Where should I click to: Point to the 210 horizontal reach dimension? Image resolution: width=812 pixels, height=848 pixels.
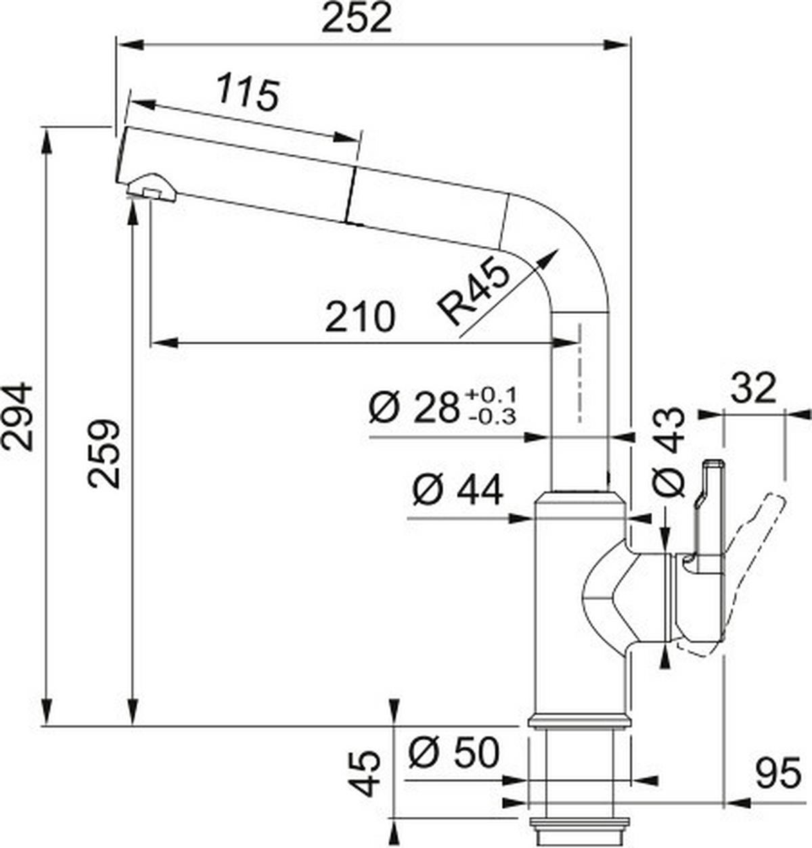[359, 316]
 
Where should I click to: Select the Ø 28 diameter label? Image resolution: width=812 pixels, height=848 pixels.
[413, 408]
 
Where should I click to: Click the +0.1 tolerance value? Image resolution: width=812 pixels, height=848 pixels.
[491, 394]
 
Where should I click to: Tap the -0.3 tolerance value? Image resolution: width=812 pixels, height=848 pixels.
[491, 417]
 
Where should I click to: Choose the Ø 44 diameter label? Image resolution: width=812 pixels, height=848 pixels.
[457, 490]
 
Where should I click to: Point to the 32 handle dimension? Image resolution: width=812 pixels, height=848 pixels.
[752, 389]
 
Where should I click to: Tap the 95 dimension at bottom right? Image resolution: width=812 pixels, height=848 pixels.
[778, 774]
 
